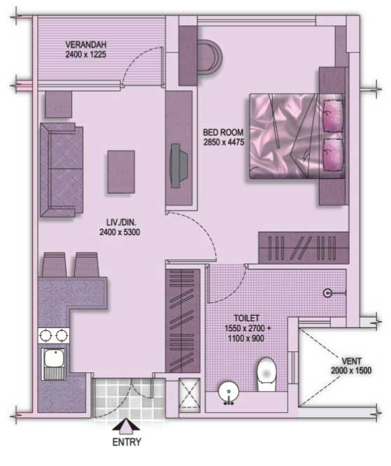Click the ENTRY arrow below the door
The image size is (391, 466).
click(126, 425)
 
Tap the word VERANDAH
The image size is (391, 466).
click(86, 45)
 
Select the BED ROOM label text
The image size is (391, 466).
click(223, 132)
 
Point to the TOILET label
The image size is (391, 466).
click(247, 318)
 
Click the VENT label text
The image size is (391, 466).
click(352, 361)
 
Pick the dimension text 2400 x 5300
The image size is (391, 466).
click(120, 232)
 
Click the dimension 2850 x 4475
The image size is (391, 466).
click(224, 142)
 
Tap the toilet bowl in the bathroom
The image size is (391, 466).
click(266, 374)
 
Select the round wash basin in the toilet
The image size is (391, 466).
click(229, 392)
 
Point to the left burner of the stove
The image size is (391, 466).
click(45, 336)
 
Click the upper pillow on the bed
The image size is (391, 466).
click(333, 115)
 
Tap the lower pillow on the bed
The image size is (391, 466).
click(333, 155)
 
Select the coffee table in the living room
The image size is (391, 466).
click(121, 172)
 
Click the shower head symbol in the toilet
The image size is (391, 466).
click(327, 293)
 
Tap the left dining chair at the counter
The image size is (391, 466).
click(54, 264)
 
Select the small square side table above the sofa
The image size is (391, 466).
click(58, 104)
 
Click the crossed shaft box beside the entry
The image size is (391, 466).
click(190, 395)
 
